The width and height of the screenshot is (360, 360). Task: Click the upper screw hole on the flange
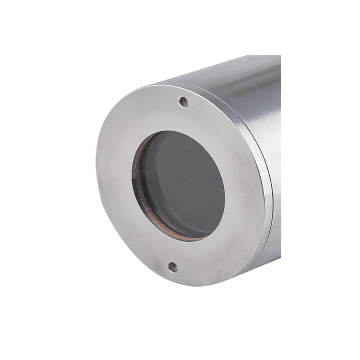pyautogui.click(x=183, y=101)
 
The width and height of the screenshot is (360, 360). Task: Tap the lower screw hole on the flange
pyautogui.click(x=172, y=267)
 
